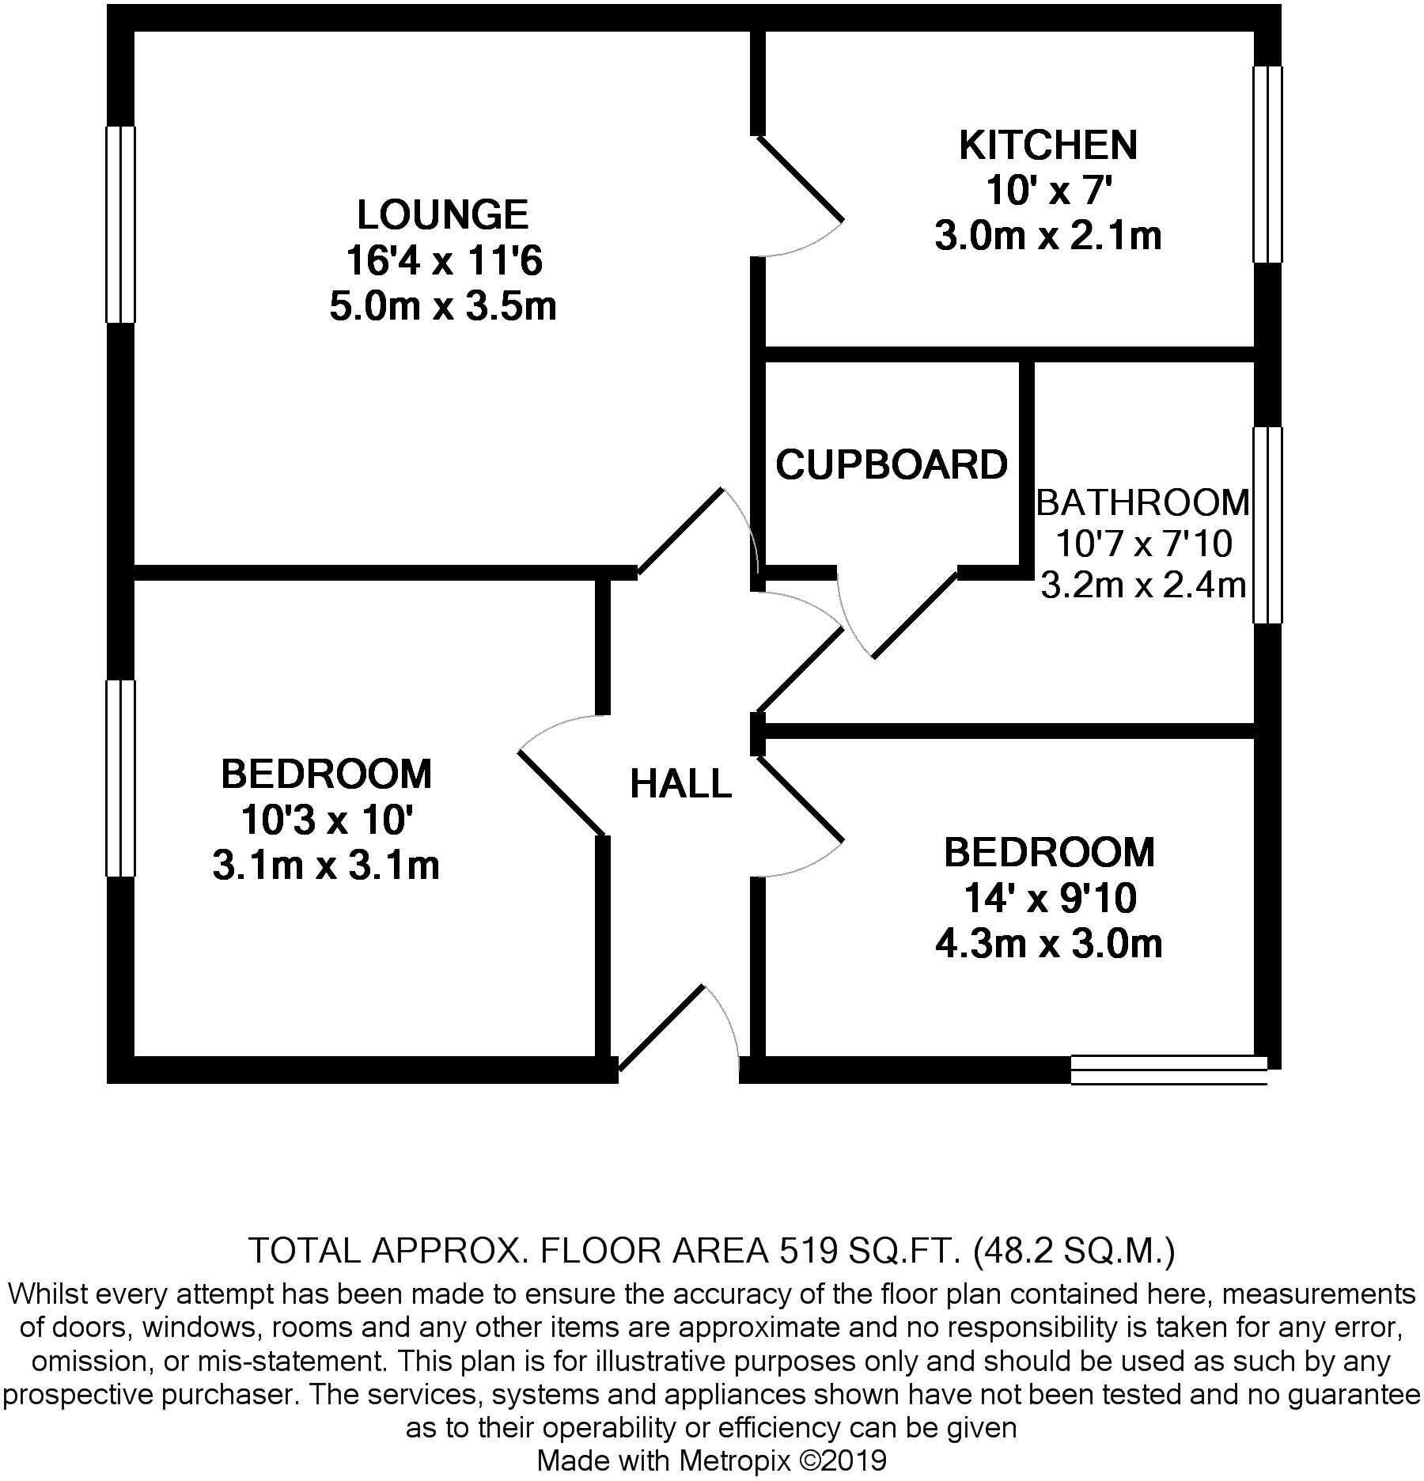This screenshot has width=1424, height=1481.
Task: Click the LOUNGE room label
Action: click(442, 215)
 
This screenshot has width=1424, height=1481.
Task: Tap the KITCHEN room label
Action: click(1048, 146)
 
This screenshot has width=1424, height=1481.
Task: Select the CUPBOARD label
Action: click(892, 464)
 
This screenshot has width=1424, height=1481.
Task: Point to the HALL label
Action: click(680, 784)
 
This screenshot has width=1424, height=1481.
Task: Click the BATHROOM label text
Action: click(1142, 502)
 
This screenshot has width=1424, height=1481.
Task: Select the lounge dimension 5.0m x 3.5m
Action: click(442, 306)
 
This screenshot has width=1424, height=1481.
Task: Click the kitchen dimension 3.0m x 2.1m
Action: click(1048, 236)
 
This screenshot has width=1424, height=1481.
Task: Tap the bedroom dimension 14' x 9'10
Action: click(1049, 898)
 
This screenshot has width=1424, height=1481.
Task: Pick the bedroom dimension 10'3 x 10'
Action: click(326, 820)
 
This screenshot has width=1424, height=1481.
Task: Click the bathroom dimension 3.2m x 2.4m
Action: click(1142, 585)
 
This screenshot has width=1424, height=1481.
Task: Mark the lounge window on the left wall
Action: click(120, 225)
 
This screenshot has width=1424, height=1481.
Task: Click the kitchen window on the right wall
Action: click(1267, 164)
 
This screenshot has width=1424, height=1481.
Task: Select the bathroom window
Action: click(1267, 525)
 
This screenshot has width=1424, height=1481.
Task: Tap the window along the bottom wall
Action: click(1168, 1070)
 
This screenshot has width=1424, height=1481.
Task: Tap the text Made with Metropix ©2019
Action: click(711, 1460)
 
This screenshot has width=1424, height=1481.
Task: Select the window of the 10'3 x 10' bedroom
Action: click(120, 778)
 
